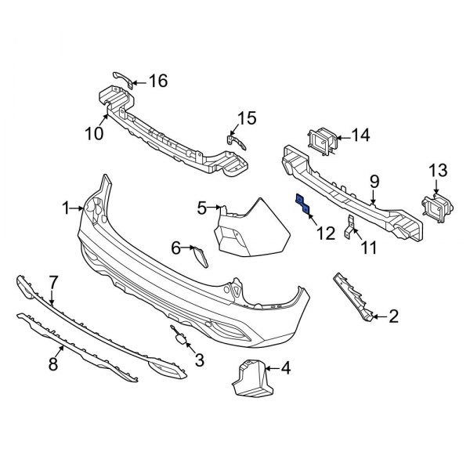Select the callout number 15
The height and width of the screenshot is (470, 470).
pos(247,119)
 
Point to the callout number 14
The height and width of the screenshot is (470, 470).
pos(360,136)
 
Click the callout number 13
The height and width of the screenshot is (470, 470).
pos(437,171)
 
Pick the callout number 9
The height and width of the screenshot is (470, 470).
pos(374,182)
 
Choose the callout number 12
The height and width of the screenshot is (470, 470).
pos(324,233)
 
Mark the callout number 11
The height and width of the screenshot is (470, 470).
pos(367,248)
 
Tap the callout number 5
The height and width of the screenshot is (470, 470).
pos(201,208)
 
